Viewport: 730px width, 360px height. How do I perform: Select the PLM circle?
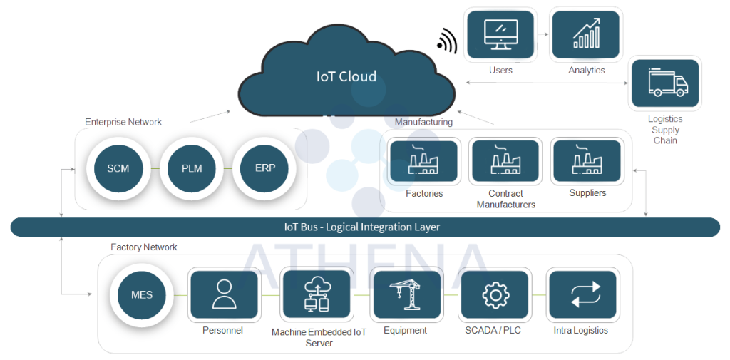[x=192, y=169]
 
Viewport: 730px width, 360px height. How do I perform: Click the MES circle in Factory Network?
[x=142, y=294]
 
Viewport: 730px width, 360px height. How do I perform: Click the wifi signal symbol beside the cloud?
[x=448, y=40]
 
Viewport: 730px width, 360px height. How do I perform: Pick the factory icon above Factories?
[x=423, y=162]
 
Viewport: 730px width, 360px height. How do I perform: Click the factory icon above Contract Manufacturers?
[x=505, y=162]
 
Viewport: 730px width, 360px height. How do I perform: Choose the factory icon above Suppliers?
[x=587, y=162]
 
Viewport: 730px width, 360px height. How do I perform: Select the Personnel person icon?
[x=223, y=294]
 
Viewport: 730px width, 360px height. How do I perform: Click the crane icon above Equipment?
[x=405, y=294]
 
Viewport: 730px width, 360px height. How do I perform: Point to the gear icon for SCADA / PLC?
[x=494, y=294]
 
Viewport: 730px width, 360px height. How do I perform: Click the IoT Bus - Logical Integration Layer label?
[x=362, y=227]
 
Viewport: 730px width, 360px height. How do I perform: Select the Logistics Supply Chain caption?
[x=664, y=130]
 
